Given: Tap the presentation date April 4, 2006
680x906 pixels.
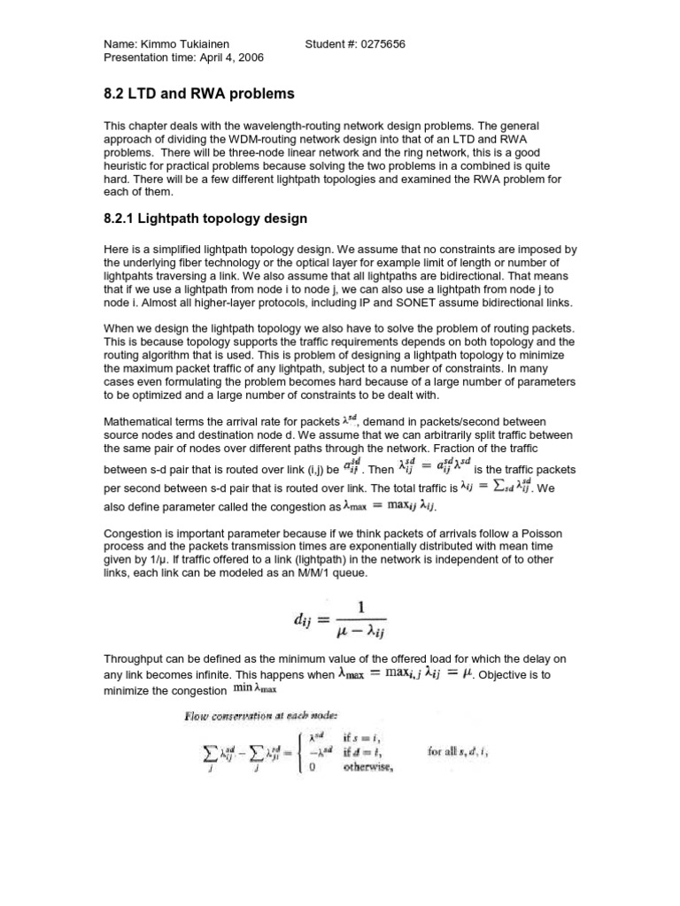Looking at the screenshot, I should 225,58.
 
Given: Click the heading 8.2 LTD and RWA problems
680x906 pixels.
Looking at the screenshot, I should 194,93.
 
